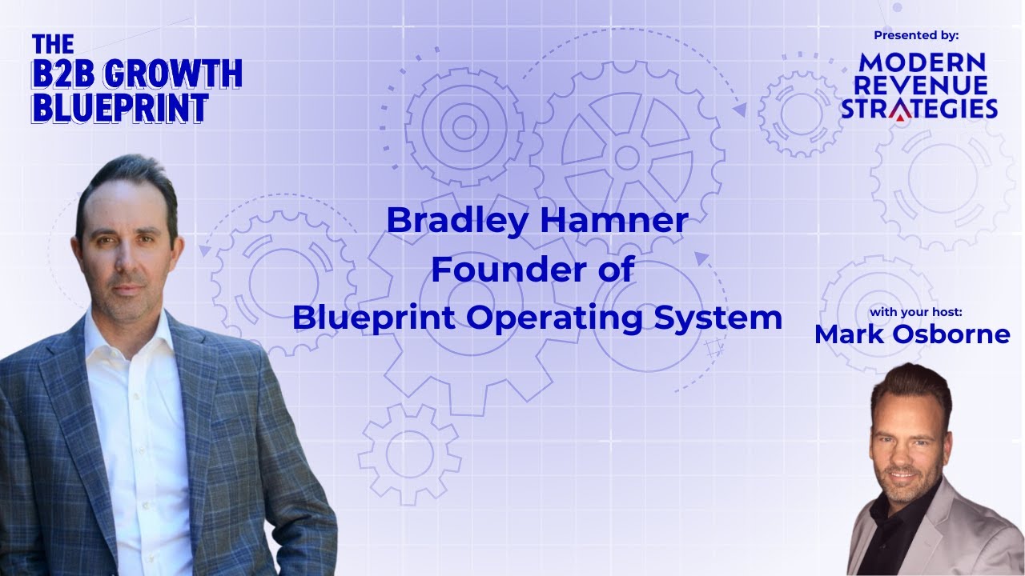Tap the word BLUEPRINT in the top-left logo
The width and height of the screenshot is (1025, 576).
point(119,108)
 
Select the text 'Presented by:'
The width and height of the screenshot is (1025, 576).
point(916,35)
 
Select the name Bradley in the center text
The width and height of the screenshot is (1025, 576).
point(444,221)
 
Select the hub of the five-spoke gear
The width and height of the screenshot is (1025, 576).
point(626,157)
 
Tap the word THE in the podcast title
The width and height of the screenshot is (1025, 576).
point(53,44)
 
